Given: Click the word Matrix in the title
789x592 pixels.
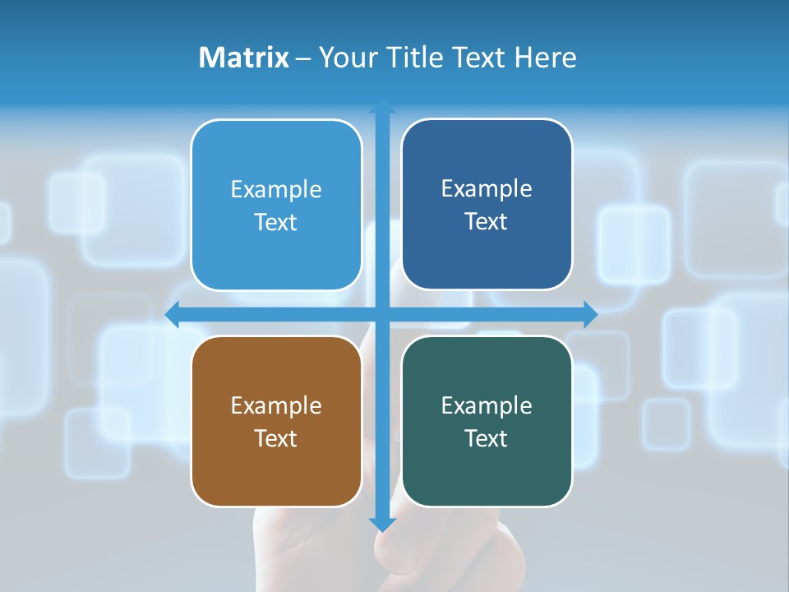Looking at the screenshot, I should [244, 58].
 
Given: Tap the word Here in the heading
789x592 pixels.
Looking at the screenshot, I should [545, 58].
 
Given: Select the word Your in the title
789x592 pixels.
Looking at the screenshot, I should [344, 58].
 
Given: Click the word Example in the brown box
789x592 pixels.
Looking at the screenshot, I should [276, 405].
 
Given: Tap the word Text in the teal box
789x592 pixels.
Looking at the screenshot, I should [487, 438].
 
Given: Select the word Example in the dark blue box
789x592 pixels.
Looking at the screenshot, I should [487, 188].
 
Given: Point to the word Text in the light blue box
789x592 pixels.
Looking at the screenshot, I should [276, 222].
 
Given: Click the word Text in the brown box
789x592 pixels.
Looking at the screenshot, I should [276, 438].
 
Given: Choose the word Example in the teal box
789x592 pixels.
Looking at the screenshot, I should [487, 405].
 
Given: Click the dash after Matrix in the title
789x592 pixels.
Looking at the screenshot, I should [303, 58].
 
